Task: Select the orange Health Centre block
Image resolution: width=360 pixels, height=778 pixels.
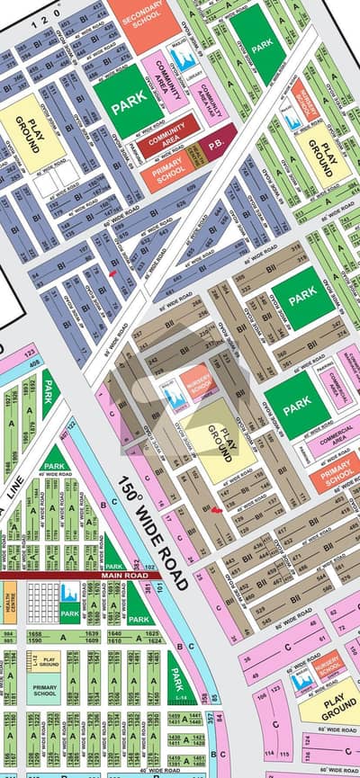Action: tap(9, 603)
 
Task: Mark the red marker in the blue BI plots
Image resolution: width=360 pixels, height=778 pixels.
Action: tap(112, 273)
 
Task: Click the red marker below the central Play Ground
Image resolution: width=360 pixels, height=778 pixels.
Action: tap(216, 509)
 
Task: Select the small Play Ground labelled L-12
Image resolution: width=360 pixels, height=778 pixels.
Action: tap(47, 661)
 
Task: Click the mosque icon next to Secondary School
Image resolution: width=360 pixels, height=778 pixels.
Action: tap(182, 58)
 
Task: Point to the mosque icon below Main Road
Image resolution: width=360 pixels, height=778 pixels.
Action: tap(70, 594)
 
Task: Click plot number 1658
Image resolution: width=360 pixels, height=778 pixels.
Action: tap(36, 634)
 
